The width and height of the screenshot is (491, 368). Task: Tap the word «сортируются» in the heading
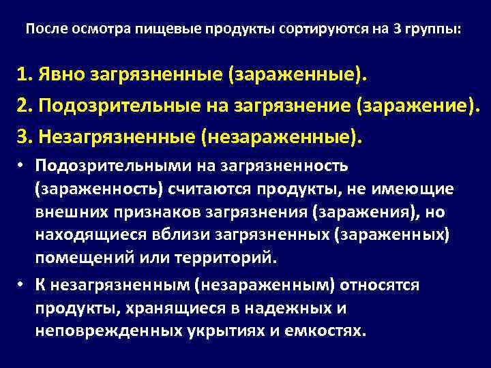313,30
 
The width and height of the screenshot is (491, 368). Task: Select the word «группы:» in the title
434,30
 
